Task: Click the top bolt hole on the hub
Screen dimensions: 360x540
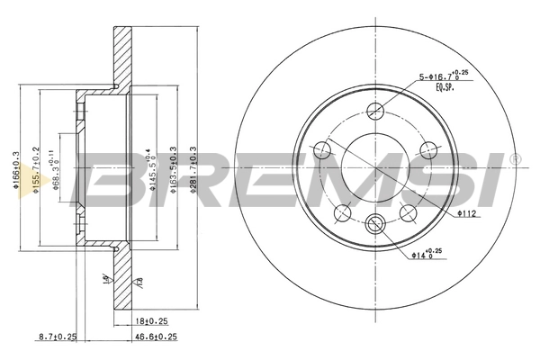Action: point(376,111)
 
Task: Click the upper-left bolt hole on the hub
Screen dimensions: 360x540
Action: point(323,149)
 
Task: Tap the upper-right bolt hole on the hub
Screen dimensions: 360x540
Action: point(428,149)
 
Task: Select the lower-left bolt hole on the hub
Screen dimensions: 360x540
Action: point(343,212)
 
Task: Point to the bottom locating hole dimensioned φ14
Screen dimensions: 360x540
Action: point(376,225)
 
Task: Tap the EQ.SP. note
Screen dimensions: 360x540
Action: point(446,87)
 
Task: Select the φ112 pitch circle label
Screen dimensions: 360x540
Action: point(465,214)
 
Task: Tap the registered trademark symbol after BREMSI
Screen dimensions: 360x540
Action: point(515,159)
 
